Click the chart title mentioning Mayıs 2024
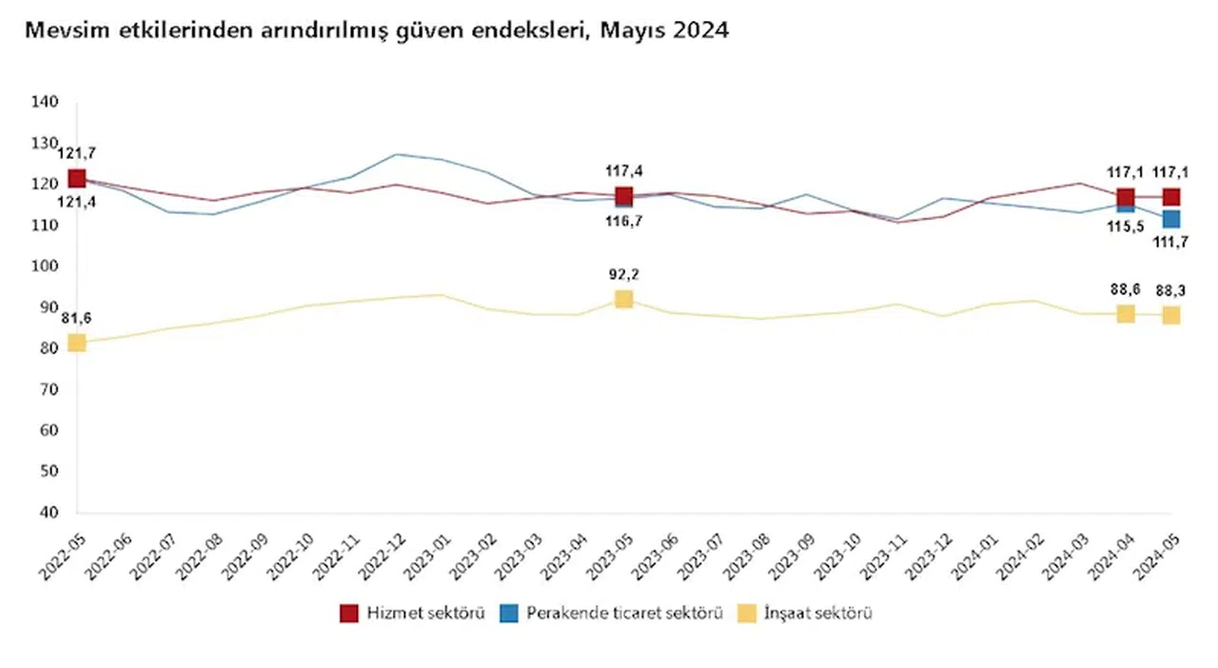pyautogui.click(x=376, y=30)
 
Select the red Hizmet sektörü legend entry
pyautogui.click(x=412, y=613)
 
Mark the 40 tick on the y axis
pyautogui.click(x=48, y=512)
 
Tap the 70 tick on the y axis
pyautogui.click(x=48, y=389)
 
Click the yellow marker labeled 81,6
pyautogui.click(x=77, y=343)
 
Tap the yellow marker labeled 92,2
pyautogui.click(x=623, y=299)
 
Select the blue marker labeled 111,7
pyautogui.click(x=1170, y=219)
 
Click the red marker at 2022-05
pyautogui.click(x=77, y=178)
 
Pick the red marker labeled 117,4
pyautogui.click(x=623, y=196)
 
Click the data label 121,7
pyautogui.click(x=77, y=152)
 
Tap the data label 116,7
pyautogui.click(x=623, y=221)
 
